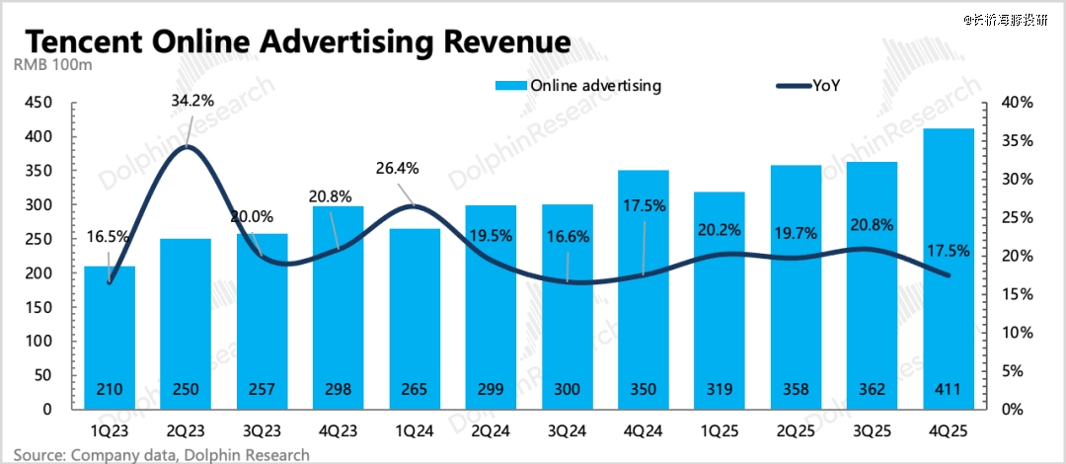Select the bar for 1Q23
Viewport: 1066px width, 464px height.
[x=110, y=337]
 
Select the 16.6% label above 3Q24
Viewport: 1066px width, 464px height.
[x=567, y=236]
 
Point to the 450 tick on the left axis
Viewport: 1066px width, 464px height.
[x=38, y=103]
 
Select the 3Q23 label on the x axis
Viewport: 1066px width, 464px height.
[x=263, y=431]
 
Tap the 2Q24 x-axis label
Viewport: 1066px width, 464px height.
[x=491, y=431]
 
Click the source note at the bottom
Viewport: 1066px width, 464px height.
[x=161, y=454]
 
